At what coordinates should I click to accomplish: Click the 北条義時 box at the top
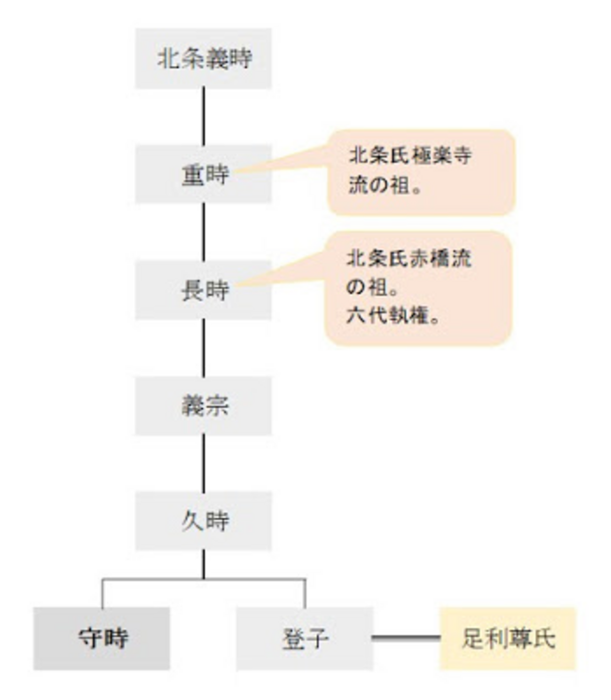(203, 59)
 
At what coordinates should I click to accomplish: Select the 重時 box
(203, 174)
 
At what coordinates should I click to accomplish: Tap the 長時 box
(203, 290)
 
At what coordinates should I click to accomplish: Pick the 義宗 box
(203, 405)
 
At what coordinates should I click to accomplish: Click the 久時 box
(203, 521)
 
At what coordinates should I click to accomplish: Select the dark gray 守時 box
(102, 638)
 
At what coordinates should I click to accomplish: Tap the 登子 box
(305, 638)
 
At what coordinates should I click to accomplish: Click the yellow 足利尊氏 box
(508, 638)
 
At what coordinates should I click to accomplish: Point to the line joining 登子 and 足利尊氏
(406, 638)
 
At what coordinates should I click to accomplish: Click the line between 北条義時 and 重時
(204, 117)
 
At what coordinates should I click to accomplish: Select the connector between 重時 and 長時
(204, 232)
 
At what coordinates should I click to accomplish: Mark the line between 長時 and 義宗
(204, 348)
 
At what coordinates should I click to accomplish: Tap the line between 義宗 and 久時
(204, 463)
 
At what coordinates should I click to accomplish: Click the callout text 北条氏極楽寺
(410, 156)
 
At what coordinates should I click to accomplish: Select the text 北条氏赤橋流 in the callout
(408, 258)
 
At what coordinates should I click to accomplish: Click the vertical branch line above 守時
(102, 593)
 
